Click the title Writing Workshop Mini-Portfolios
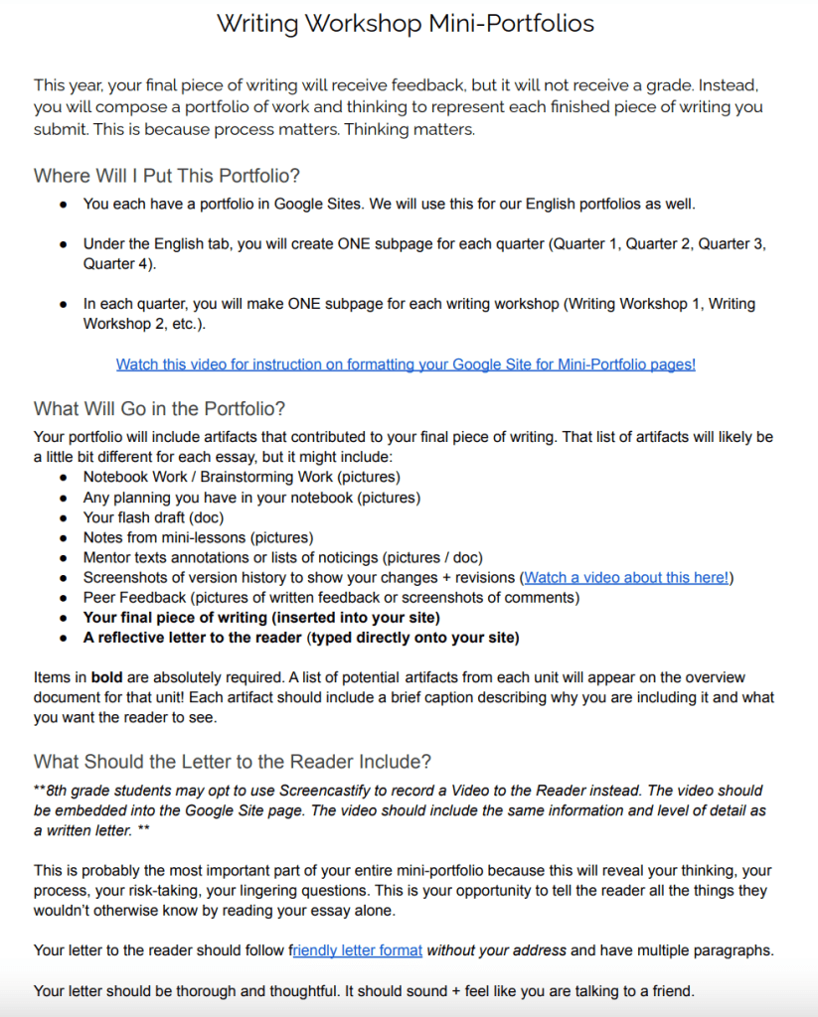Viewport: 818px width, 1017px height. coord(406,23)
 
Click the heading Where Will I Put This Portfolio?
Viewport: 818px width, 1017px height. coord(167,176)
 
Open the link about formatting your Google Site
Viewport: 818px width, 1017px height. coord(406,364)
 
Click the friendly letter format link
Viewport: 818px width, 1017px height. coord(359,950)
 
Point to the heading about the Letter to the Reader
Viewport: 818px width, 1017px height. coord(233,762)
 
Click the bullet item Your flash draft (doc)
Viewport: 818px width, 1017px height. coord(153,517)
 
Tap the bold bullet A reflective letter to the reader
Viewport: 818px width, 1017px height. coord(300,637)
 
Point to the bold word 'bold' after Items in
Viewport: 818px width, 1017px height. coord(105,676)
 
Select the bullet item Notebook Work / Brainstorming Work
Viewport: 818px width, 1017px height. coord(227,477)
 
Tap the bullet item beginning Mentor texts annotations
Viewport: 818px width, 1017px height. coord(282,557)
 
